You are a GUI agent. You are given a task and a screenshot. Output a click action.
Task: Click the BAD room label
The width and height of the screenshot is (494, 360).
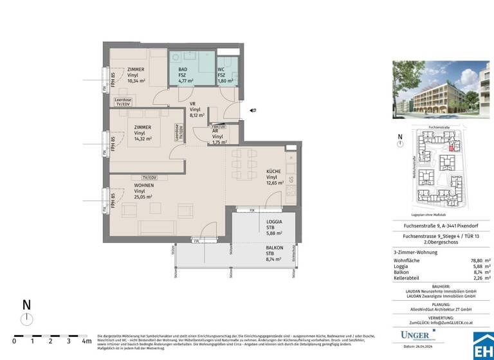click(x=183, y=69)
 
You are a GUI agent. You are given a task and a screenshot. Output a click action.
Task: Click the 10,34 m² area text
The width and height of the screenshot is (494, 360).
click(x=136, y=81)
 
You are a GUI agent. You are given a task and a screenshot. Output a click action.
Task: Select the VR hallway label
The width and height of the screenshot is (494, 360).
click(x=192, y=104)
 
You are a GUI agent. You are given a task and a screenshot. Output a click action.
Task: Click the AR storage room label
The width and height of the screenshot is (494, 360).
click(x=216, y=130)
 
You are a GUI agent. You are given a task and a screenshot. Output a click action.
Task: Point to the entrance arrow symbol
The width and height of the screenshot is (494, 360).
click(x=253, y=111)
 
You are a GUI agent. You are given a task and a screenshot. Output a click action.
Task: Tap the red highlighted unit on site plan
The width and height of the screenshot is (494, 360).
click(x=450, y=148)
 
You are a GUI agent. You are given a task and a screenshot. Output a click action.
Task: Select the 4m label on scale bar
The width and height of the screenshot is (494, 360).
click(x=86, y=341)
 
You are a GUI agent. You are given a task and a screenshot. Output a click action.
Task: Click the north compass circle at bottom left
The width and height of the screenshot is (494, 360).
click(x=26, y=319)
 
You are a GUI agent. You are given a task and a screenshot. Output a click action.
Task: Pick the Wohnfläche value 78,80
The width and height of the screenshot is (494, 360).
click(x=472, y=260)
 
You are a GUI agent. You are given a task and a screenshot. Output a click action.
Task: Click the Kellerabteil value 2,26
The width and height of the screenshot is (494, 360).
click(x=474, y=278)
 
